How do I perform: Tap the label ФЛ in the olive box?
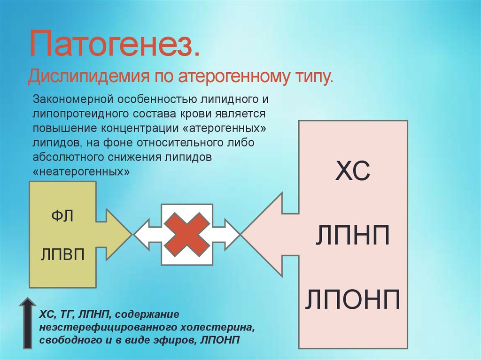(62, 216)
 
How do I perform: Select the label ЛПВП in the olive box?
(62, 254)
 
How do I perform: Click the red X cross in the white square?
(187, 234)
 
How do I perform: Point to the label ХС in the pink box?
(353, 170)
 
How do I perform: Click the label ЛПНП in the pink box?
(353, 235)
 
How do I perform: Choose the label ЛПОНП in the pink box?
(353, 299)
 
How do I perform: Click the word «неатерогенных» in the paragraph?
(81, 171)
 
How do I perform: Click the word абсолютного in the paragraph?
(69, 157)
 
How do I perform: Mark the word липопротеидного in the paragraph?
(81, 114)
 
